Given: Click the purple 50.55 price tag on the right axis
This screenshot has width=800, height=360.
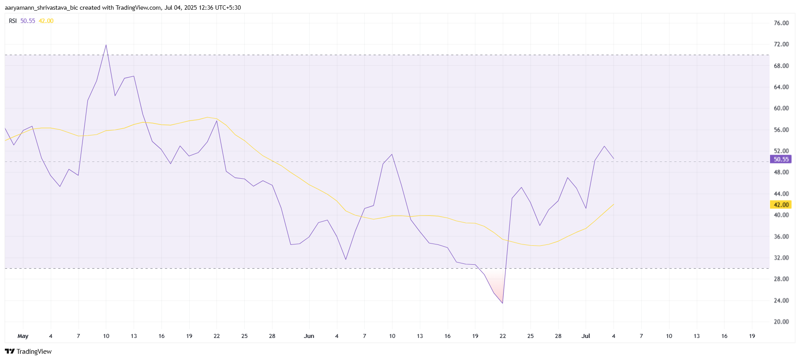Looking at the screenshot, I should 781,159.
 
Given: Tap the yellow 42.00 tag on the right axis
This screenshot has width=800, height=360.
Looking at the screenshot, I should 781,205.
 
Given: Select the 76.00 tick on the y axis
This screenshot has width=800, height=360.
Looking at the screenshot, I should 781,23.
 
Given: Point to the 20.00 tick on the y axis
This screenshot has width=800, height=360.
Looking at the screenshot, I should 781,322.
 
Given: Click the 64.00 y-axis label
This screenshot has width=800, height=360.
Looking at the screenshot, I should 781,87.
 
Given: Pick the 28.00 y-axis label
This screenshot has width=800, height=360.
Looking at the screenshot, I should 781,279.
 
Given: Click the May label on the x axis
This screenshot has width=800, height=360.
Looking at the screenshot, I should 23,336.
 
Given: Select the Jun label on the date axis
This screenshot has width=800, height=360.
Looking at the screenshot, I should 309,336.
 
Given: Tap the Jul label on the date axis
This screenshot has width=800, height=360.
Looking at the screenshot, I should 586,336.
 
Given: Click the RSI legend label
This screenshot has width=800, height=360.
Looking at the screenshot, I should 13,21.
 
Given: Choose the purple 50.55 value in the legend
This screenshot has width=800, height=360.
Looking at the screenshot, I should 28,21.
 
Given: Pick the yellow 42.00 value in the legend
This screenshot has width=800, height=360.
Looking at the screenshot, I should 46,21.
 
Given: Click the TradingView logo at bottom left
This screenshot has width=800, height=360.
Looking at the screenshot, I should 28,352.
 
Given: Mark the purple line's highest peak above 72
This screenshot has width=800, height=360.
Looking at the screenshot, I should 106,45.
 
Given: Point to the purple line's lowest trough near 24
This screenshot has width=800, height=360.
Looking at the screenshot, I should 502,303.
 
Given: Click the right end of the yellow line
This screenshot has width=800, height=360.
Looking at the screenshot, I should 613,204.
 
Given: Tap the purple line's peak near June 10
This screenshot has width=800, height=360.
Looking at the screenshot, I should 392,154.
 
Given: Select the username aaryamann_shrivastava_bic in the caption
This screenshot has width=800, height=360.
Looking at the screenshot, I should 41,7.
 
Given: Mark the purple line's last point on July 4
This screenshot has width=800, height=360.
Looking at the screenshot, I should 613,158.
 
